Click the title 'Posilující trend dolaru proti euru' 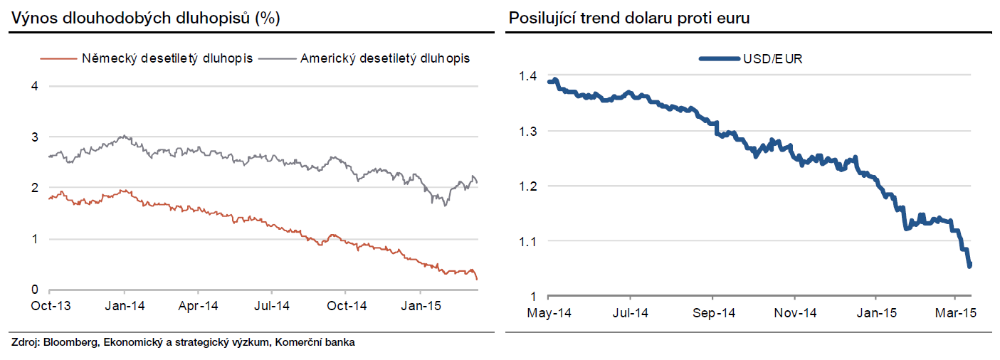(629, 18)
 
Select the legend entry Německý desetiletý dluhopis (167, 58)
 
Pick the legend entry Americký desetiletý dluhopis (384, 58)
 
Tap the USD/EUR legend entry (772, 58)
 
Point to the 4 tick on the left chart (33, 86)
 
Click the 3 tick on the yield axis (33, 137)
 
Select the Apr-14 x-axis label (197, 306)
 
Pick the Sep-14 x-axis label (713, 313)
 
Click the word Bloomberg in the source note (71, 343)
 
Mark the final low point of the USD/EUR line (969, 266)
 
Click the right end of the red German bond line (476, 279)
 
